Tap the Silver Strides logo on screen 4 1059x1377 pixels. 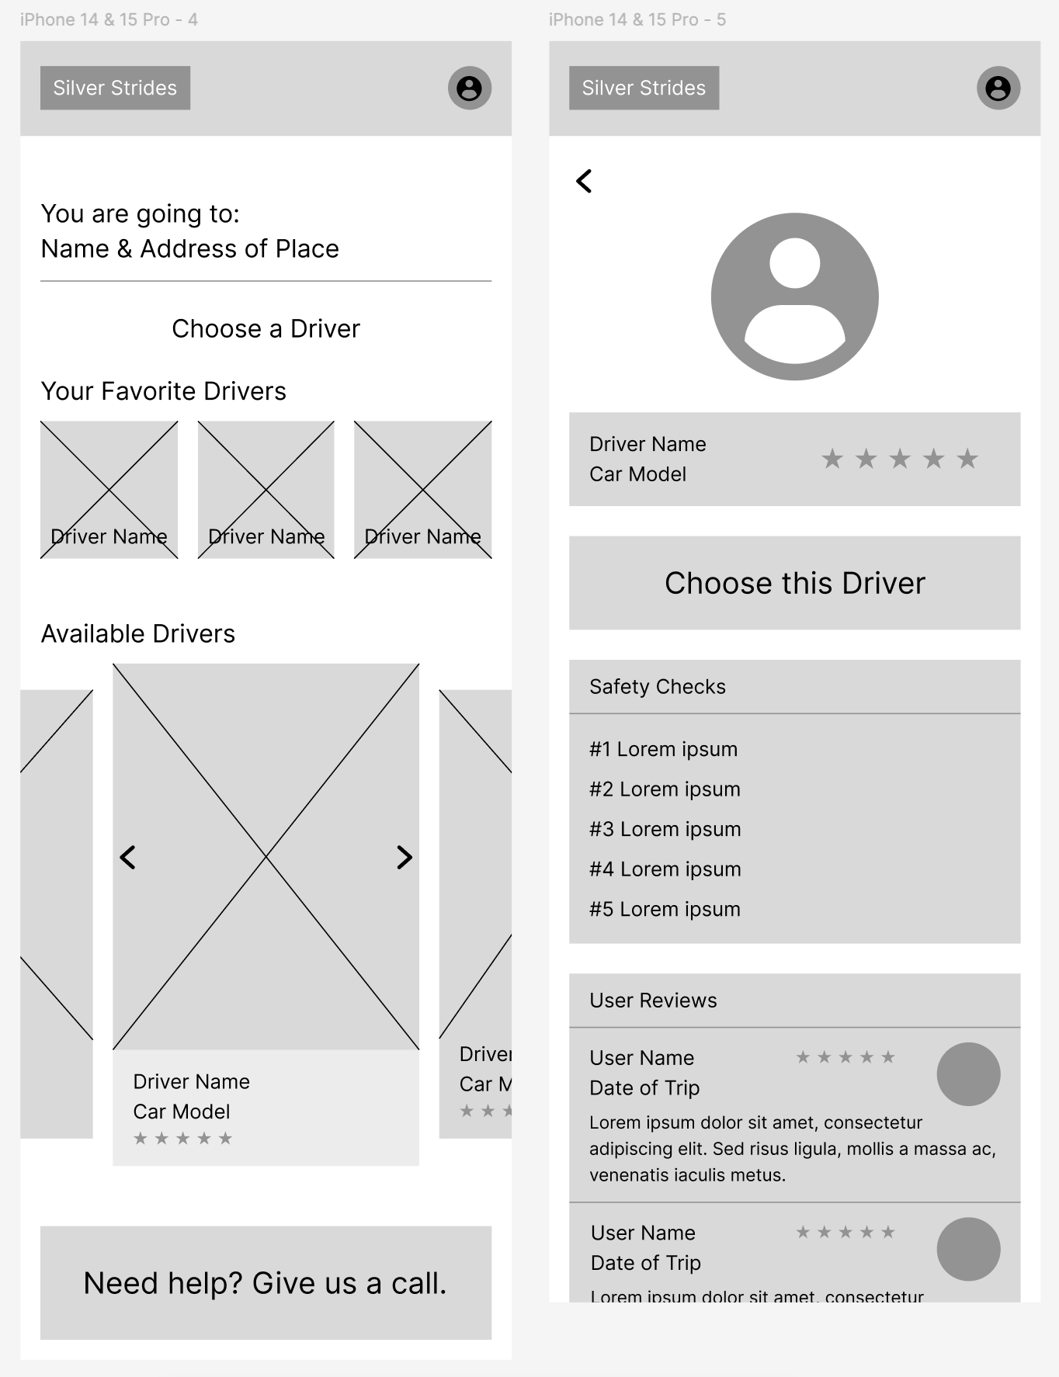click(115, 88)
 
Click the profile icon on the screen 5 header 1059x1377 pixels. click(998, 88)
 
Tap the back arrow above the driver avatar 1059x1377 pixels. click(584, 181)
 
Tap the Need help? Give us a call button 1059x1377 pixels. click(266, 1282)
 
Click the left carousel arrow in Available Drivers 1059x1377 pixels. click(128, 857)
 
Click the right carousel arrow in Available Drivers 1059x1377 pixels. click(404, 857)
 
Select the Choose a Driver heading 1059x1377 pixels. click(266, 328)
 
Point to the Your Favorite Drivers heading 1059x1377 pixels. click(163, 391)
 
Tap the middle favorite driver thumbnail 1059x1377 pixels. click(266, 489)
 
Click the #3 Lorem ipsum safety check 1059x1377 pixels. click(665, 829)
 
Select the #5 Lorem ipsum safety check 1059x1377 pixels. click(665, 909)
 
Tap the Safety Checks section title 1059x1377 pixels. click(657, 686)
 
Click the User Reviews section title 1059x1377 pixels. click(653, 1000)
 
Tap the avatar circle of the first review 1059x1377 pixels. click(968, 1074)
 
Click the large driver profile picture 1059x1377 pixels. click(794, 297)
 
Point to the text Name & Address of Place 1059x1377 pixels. click(189, 248)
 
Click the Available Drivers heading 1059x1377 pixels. click(137, 633)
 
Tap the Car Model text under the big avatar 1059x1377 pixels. click(637, 474)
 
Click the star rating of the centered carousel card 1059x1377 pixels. click(182, 1139)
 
